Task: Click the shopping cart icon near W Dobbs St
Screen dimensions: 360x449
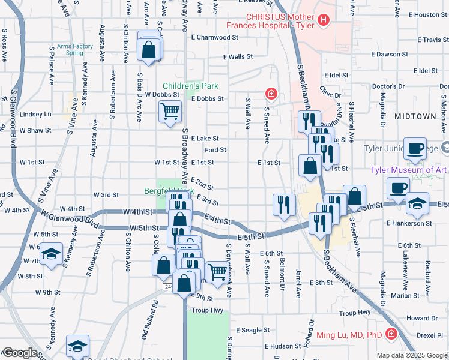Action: [170, 110]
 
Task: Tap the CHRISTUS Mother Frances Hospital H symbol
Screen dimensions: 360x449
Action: [324, 20]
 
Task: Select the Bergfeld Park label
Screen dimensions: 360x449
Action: [169, 191]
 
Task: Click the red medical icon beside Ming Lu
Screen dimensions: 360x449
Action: [391, 333]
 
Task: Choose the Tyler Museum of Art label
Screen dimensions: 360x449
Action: [408, 170]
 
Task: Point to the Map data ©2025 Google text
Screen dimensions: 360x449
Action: [412, 355]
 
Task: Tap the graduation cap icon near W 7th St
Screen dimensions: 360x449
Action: [52, 254]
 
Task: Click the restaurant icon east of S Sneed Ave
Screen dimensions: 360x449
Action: [283, 204]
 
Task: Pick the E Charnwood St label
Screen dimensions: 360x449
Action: [214, 37]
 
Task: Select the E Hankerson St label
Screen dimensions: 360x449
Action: [409, 223]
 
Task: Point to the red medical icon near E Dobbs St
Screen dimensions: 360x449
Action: [271, 94]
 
